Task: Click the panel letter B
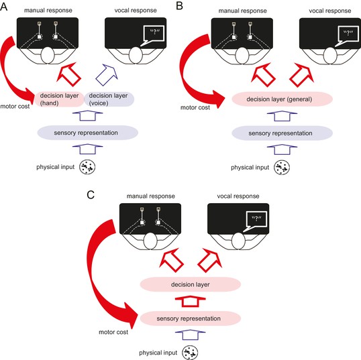click(x=179, y=6)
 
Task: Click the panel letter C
click(x=91, y=195)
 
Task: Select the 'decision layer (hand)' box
click(x=59, y=99)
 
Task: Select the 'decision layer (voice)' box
click(x=109, y=99)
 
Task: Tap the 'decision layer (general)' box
click(x=282, y=99)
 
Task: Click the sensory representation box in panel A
click(x=87, y=133)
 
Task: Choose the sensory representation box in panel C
click(x=191, y=318)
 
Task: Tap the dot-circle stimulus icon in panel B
click(x=282, y=168)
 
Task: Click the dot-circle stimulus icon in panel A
click(x=87, y=167)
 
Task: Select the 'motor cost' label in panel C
click(x=113, y=332)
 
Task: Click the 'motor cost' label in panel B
click(x=195, y=107)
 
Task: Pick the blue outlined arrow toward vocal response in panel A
click(x=107, y=75)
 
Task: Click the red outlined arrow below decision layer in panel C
click(x=190, y=302)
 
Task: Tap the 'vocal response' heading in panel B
click(x=330, y=11)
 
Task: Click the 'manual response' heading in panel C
click(x=151, y=196)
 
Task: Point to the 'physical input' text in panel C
click(x=158, y=353)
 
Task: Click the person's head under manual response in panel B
click(x=242, y=56)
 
